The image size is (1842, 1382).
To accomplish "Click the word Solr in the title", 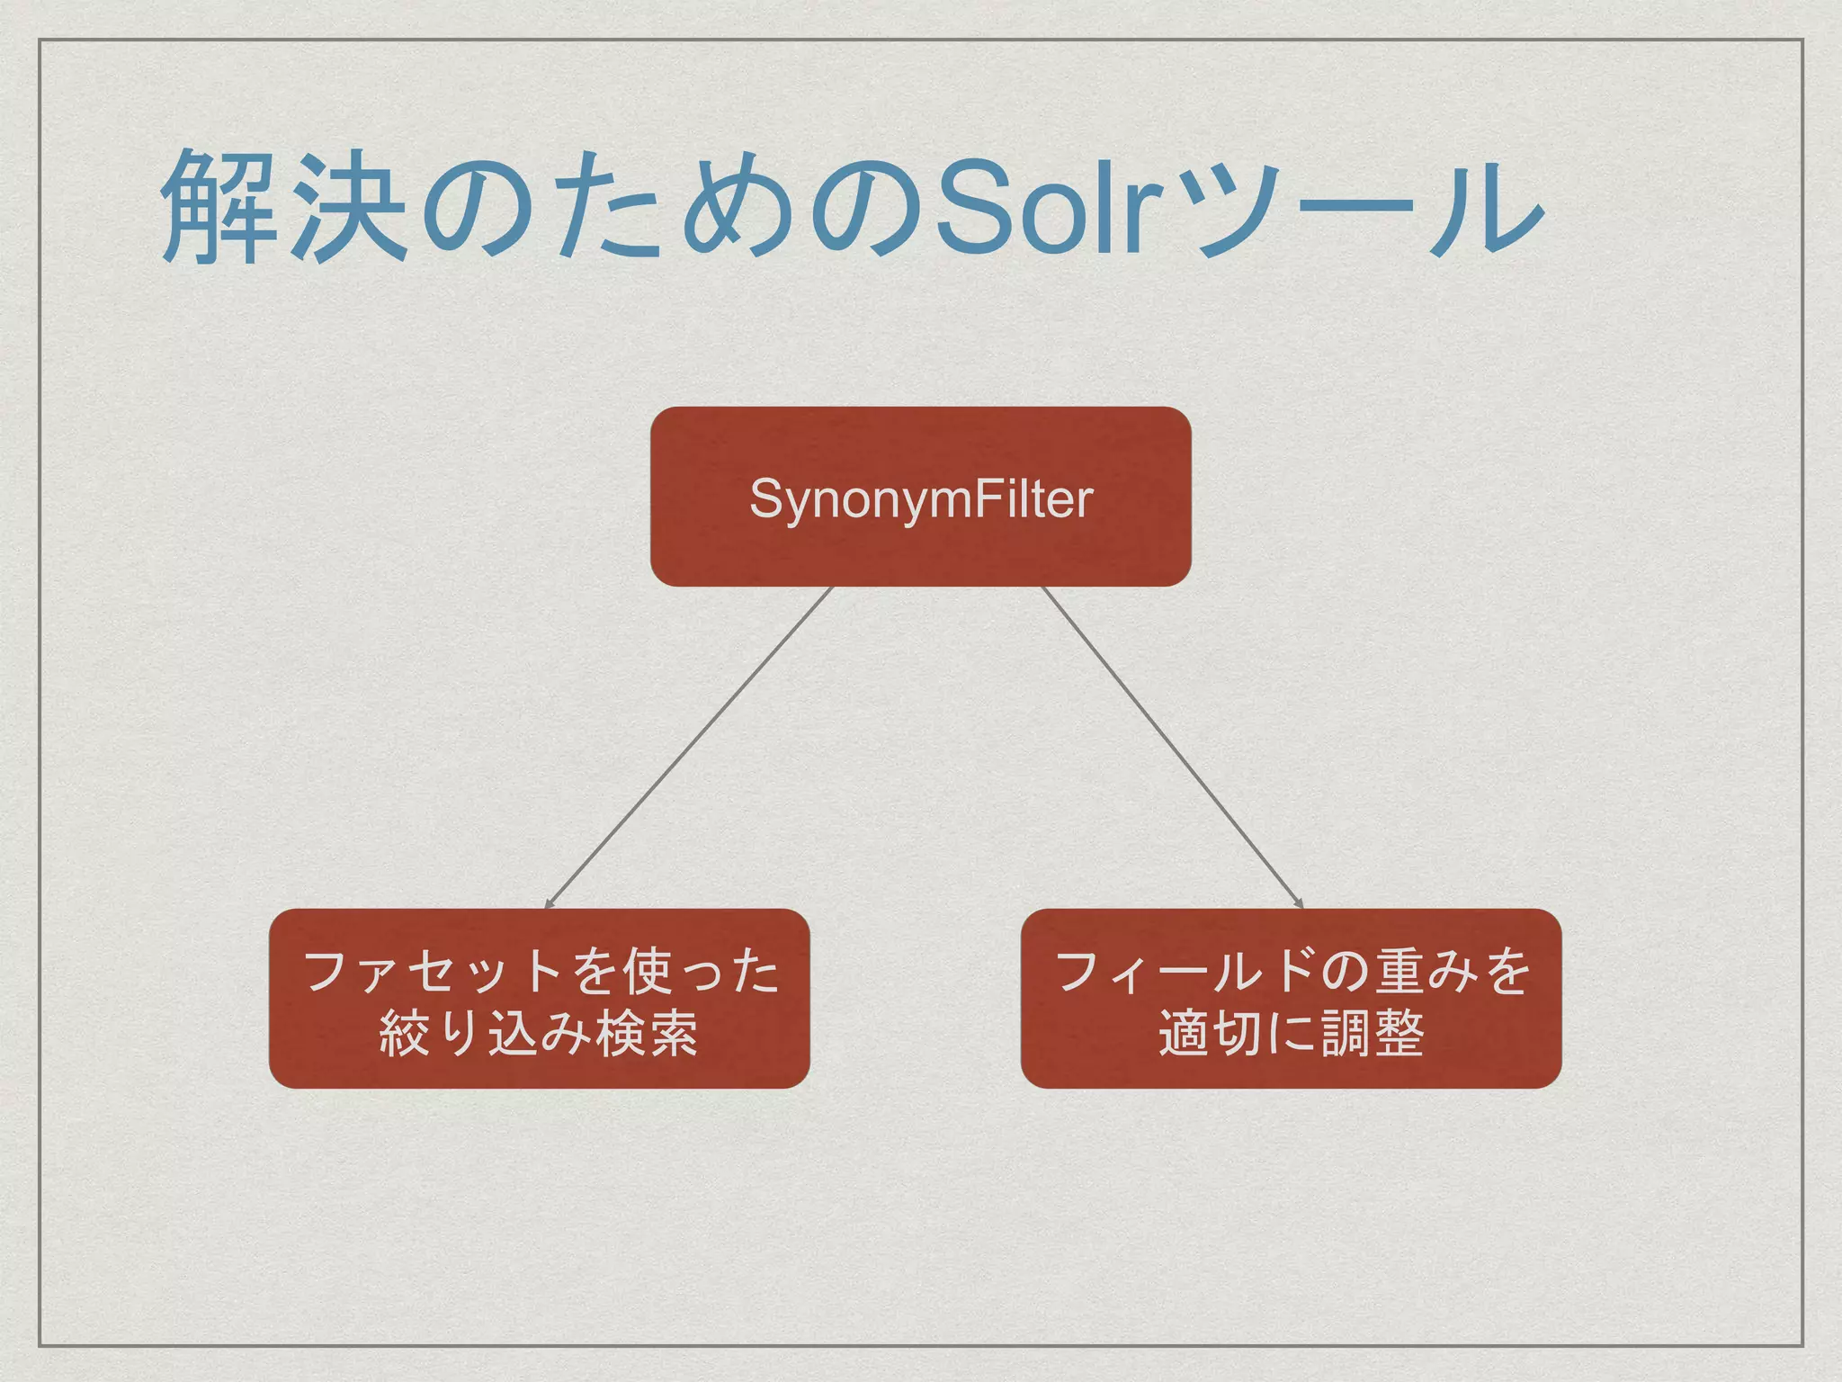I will (1043, 209).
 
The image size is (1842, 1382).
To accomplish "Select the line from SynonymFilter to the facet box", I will (688, 747).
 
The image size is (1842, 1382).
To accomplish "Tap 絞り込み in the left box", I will (486, 1033).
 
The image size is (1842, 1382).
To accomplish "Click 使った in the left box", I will (702, 973).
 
